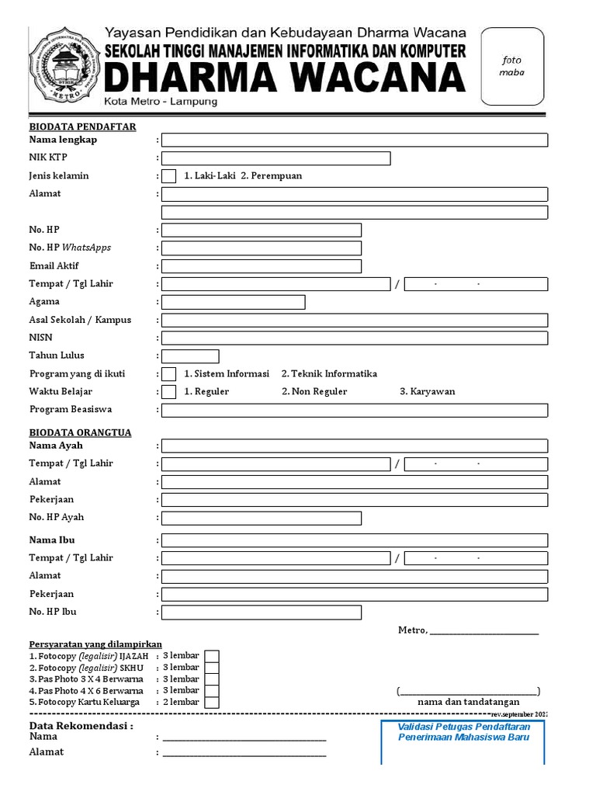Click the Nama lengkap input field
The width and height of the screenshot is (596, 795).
click(354, 140)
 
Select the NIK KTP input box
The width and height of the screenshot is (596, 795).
click(275, 158)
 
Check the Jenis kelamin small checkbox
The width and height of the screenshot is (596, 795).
click(168, 176)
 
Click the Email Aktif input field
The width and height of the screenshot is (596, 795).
click(261, 266)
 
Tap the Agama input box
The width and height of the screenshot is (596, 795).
click(233, 302)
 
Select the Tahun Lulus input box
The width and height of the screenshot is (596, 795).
click(190, 356)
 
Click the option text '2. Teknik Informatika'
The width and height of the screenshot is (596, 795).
click(329, 373)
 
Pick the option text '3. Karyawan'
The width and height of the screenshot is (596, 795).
click(427, 391)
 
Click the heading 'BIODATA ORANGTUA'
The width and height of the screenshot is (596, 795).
click(80, 432)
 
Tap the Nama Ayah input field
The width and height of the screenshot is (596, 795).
click(354, 446)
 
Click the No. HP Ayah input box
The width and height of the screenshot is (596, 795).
click(261, 518)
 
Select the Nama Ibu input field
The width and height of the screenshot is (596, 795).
click(354, 540)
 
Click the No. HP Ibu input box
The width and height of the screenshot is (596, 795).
click(261, 613)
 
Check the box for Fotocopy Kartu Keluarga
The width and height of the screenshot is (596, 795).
click(211, 703)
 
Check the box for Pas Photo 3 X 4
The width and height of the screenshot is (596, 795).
click(211, 679)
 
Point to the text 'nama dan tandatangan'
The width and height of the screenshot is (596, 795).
click(469, 702)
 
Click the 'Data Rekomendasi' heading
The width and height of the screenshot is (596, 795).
click(81, 726)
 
